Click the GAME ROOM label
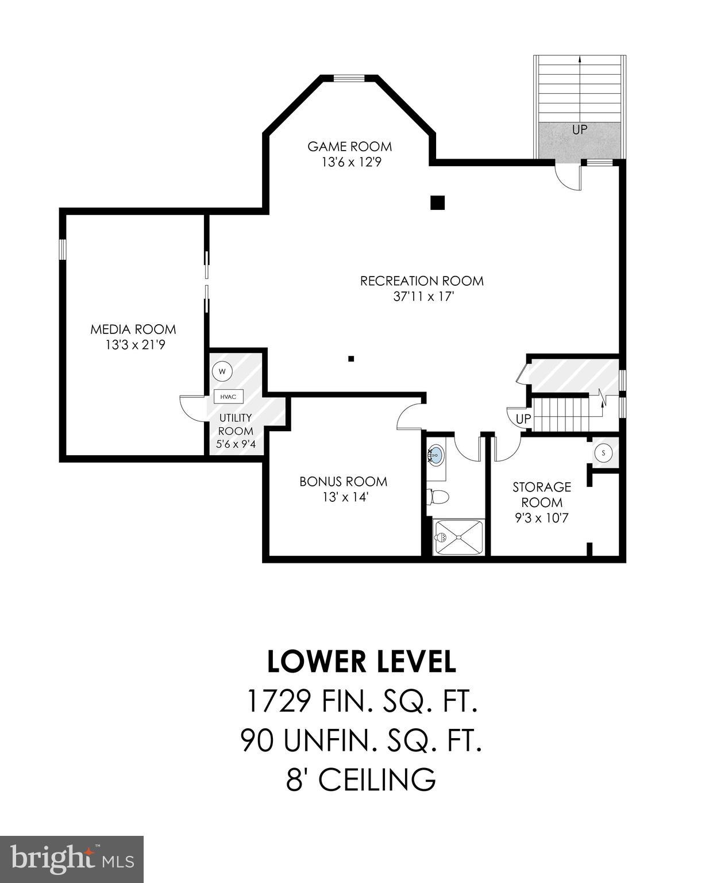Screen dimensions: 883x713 pos(349,146)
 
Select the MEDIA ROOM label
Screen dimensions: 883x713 pos(133,329)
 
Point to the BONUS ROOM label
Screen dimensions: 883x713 pos(343,481)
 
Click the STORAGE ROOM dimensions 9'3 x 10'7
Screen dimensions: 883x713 pos(541,518)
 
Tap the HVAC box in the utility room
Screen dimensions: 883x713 pos(229,396)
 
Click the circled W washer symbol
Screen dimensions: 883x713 pos(222,371)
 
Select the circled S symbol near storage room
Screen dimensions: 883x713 pos(603,452)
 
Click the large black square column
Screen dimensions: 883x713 pos(438,202)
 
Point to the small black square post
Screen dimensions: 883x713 pos(351,359)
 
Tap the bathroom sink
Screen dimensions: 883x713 pos(437,455)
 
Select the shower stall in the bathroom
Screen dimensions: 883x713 pos(458,537)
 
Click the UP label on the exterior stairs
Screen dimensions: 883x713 pos(579,129)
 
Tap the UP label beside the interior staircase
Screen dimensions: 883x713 pos(523,419)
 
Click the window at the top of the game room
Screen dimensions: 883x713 pos(350,79)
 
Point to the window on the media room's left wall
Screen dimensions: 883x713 pos(63,249)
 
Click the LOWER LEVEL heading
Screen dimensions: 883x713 pos(361,662)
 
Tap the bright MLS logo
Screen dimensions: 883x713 pos(71,859)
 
